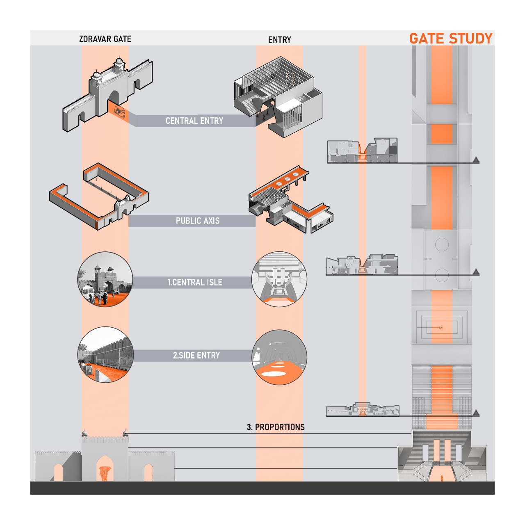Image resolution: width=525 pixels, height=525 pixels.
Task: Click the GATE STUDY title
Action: pyautogui.click(x=451, y=39)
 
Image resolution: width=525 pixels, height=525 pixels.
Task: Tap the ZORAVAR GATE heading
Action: pyautogui.click(x=105, y=39)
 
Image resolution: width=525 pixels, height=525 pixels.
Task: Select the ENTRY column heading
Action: pyautogui.click(x=280, y=40)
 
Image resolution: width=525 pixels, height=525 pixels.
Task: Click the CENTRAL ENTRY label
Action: pyautogui.click(x=194, y=121)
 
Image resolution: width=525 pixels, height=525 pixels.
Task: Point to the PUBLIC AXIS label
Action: pyautogui.click(x=198, y=221)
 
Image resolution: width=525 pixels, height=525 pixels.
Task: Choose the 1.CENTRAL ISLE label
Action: pyautogui.click(x=195, y=283)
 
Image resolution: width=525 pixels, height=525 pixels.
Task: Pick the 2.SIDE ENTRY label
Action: pyautogui.click(x=196, y=356)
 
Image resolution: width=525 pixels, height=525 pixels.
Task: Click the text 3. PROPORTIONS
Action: pyautogui.click(x=276, y=427)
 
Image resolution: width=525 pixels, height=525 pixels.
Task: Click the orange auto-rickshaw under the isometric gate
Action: pyautogui.click(x=120, y=112)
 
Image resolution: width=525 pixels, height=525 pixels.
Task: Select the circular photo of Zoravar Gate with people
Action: pyautogui.click(x=105, y=279)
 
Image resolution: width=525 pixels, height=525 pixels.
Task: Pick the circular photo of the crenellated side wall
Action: pyautogui.click(x=105, y=355)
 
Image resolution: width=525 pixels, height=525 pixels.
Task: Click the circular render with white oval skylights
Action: pyautogui.click(x=279, y=357)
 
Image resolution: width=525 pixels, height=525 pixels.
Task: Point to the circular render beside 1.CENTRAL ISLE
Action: pyautogui.click(x=279, y=279)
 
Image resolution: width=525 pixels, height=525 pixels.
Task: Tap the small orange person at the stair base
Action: pyautogui.click(x=442, y=478)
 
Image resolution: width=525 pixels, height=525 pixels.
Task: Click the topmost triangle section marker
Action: pyautogui.click(x=476, y=160)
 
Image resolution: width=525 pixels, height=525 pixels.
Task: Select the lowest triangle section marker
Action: pyautogui.click(x=476, y=413)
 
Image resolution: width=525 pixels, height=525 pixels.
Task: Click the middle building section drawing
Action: pyautogui.click(x=362, y=265)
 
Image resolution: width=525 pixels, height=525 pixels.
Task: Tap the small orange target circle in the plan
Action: pyautogui.click(x=441, y=328)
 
